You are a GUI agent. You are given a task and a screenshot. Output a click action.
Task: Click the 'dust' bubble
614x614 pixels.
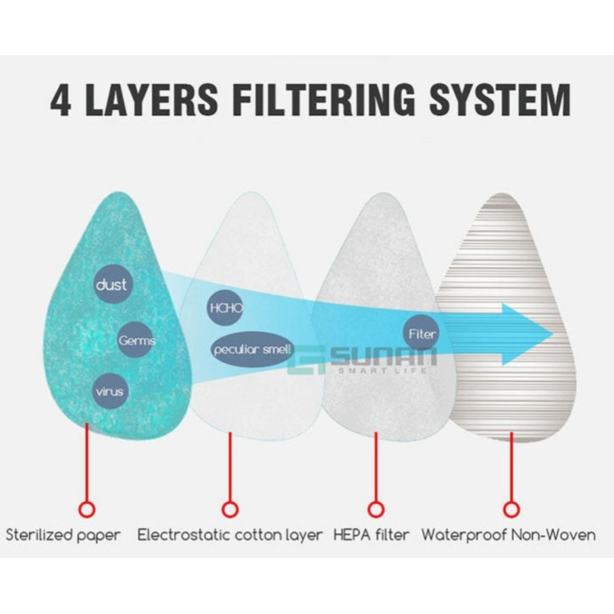[112, 286]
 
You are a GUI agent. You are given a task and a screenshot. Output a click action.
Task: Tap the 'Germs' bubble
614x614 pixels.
[137, 340]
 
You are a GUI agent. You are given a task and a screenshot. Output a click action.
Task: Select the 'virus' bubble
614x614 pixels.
[110, 391]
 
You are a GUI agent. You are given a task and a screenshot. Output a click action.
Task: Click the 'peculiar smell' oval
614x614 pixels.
[252, 349]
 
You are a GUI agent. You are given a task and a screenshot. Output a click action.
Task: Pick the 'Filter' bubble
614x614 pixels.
[421, 333]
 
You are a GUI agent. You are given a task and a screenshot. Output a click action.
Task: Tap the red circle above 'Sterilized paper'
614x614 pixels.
[86, 509]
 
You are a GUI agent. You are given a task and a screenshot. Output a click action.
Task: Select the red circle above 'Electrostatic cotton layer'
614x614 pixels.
[230, 509]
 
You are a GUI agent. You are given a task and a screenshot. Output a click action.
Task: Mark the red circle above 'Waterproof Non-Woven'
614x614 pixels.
[510, 509]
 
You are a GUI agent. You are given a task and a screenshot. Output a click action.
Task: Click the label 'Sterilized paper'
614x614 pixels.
[64, 535]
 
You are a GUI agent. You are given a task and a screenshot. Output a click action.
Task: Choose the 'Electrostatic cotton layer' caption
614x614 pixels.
[230, 535]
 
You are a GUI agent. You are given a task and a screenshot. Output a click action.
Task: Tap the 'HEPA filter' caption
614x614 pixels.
[372, 535]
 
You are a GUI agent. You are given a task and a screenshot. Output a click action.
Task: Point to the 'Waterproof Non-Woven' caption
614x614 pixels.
[508, 535]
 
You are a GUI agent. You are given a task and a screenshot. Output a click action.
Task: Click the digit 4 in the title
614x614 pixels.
[60, 100]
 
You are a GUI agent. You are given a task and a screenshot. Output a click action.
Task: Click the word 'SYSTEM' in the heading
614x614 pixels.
[499, 100]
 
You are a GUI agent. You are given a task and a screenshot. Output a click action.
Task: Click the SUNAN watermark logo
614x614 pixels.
[365, 362]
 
